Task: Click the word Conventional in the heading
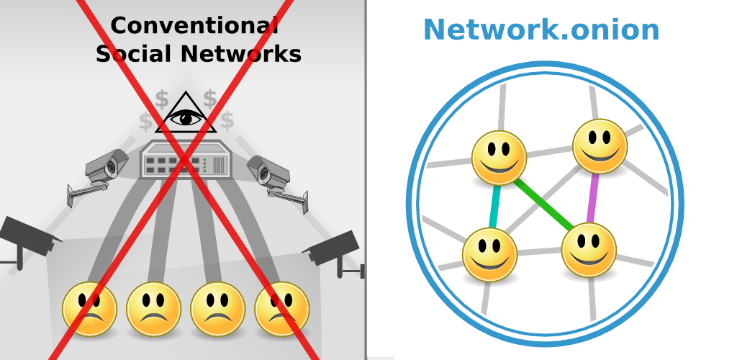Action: [194, 26]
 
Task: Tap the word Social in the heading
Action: [134, 54]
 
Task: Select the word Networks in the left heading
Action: [240, 54]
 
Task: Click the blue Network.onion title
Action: [541, 30]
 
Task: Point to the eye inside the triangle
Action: [186, 117]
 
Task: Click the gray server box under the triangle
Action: [186, 160]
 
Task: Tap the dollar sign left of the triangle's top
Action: [162, 99]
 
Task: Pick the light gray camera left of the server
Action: [105, 169]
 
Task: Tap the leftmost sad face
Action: [89, 309]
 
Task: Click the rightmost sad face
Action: [281, 309]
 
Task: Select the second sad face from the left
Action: [153, 309]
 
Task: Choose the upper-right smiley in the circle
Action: [600, 146]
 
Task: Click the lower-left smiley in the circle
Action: [489, 254]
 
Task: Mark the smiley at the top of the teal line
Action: [499, 158]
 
